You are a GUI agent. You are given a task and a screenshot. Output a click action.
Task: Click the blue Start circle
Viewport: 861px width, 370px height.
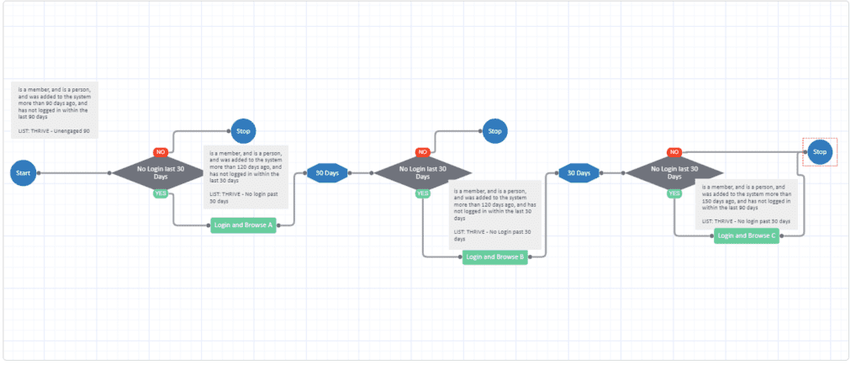[23, 172]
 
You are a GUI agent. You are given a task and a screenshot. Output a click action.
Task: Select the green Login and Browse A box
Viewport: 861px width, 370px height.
[244, 225]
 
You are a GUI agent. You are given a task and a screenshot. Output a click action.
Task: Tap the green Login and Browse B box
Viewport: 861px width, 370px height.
[495, 257]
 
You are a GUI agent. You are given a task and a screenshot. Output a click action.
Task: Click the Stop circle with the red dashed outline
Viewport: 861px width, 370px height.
[820, 152]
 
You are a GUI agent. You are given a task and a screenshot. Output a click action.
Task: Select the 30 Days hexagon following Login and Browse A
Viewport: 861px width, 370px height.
[326, 172]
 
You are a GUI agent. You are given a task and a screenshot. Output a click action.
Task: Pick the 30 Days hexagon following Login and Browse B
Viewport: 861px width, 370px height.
[578, 172]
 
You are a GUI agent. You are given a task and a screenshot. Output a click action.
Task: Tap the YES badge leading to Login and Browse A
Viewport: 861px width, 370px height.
[160, 193]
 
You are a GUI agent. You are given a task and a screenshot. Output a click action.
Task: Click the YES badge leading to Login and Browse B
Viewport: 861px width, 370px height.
[423, 193]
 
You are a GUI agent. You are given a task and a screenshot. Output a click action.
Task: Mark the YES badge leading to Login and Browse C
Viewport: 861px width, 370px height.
[674, 193]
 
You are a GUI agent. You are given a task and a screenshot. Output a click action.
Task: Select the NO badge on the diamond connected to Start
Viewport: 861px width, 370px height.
[160, 152]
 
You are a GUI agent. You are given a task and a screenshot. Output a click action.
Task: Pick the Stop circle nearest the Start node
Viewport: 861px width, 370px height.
[243, 130]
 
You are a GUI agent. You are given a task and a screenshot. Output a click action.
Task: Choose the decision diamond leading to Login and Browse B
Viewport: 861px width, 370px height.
[422, 172]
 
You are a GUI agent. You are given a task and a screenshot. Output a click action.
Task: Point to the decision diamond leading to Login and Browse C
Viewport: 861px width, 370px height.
[674, 172]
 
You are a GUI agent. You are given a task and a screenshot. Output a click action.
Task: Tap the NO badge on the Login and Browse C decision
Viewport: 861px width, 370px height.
[673, 152]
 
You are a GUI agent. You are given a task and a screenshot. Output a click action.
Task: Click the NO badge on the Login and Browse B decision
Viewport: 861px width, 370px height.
[423, 152]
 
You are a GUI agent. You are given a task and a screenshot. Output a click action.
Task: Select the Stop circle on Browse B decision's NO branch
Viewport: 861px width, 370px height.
[494, 130]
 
